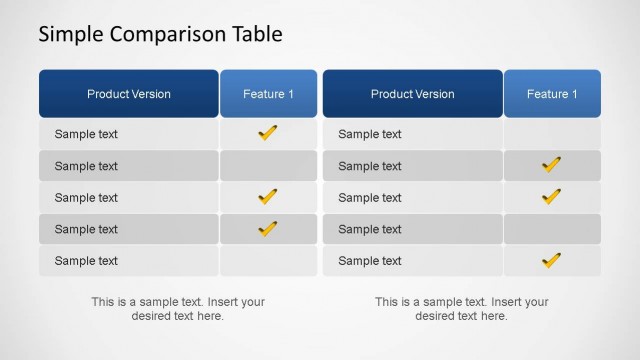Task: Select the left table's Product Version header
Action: (x=128, y=94)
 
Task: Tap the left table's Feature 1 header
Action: (x=268, y=94)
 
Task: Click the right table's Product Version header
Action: (x=412, y=94)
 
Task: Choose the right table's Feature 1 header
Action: (x=552, y=94)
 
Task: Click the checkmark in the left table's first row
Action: (x=268, y=133)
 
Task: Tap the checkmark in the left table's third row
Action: (x=268, y=197)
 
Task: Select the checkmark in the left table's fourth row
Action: (x=268, y=229)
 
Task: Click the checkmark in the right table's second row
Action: (x=551, y=165)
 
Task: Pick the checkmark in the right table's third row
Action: (x=551, y=197)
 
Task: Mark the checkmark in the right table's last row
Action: (x=551, y=261)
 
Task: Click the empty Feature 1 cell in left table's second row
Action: (x=268, y=166)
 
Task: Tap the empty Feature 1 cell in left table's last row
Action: (x=268, y=261)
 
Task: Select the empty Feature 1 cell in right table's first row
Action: (x=552, y=134)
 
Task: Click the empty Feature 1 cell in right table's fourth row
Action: (x=552, y=229)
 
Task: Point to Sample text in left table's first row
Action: (x=86, y=134)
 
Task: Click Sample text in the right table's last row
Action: (x=370, y=261)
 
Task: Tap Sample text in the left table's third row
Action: (x=86, y=198)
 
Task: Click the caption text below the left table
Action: (x=178, y=309)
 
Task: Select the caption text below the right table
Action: (x=462, y=309)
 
